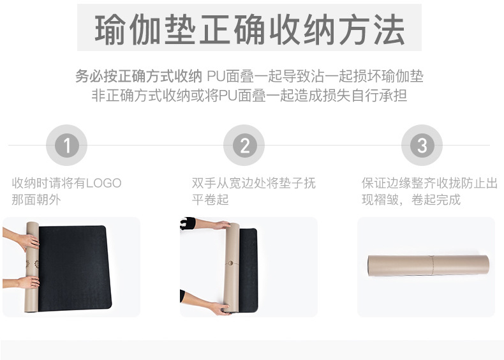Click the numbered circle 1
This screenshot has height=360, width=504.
[x=67, y=146]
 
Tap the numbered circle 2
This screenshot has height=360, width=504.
[x=244, y=146]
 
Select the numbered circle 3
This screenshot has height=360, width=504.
[x=422, y=146]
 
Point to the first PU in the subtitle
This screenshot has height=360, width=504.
[x=216, y=77]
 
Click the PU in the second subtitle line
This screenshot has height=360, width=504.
[x=228, y=96]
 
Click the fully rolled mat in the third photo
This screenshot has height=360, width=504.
[x=427, y=266]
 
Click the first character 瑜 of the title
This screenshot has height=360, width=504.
[x=110, y=29]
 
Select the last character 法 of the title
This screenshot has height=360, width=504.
[x=389, y=29]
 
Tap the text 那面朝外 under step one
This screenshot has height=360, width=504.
[x=37, y=200]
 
